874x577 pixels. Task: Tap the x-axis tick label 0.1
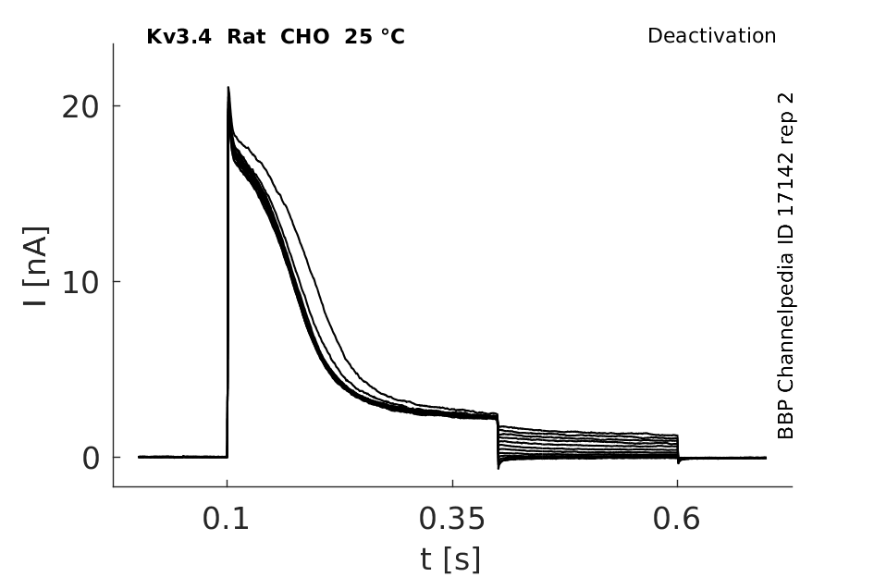[x=226, y=519]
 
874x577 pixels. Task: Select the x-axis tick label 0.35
[x=452, y=519]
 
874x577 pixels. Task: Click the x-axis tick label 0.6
[x=676, y=519]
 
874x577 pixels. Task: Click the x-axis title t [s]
[x=450, y=559]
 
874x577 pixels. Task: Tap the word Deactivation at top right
[x=712, y=36]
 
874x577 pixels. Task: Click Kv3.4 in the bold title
[x=178, y=37]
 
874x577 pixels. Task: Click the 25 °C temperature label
[x=375, y=37]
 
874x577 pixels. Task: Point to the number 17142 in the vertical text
[x=785, y=181]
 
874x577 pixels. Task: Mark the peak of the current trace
[x=228, y=87]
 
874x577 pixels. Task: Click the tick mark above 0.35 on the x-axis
[x=452, y=483]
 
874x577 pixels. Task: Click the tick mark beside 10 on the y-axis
[x=117, y=281]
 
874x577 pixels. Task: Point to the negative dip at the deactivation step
[x=499, y=467]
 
